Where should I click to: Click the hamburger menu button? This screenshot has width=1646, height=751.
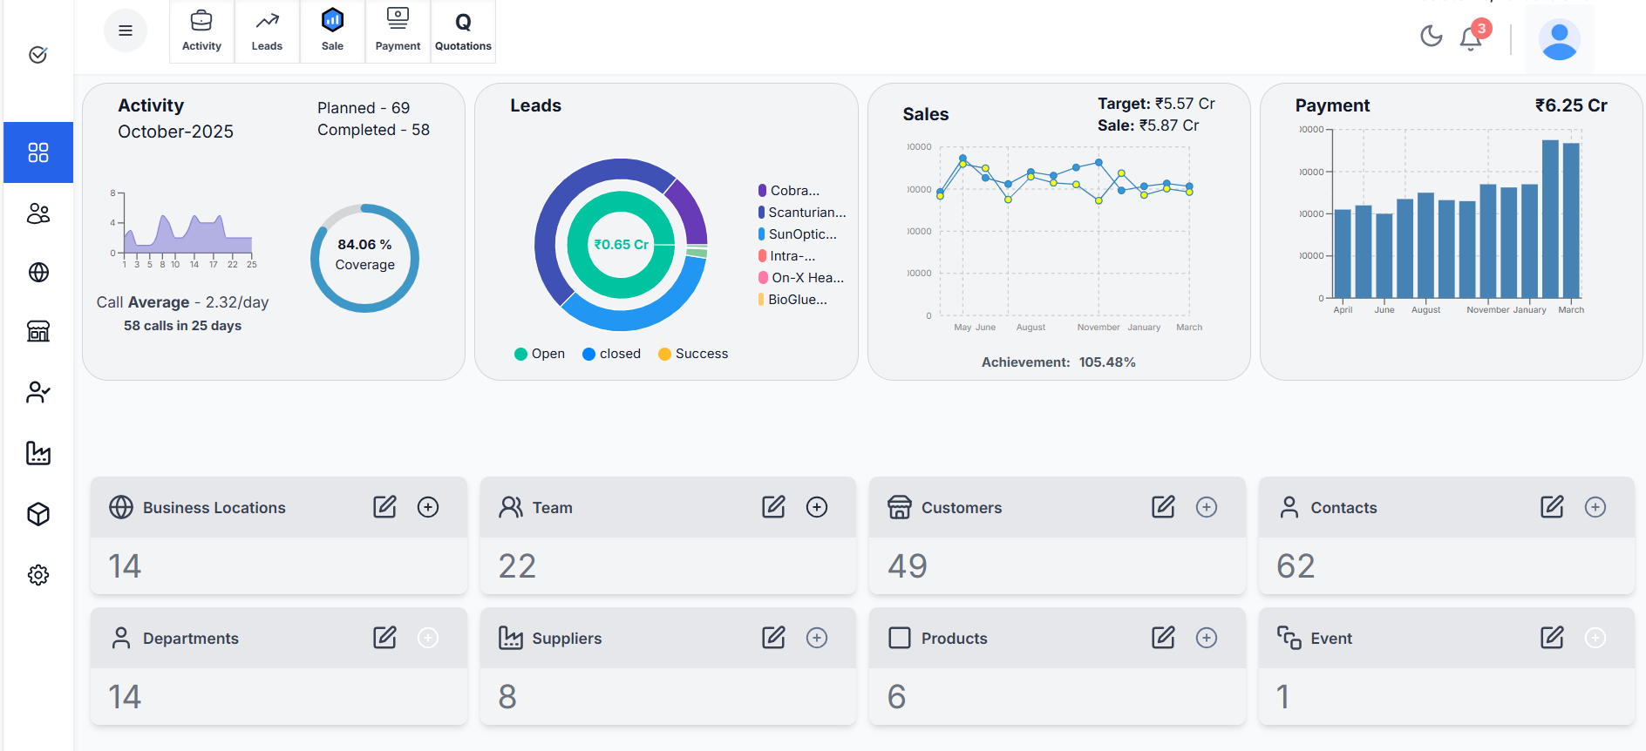(x=126, y=30)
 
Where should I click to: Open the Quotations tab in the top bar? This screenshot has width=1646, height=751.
(x=463, y=31)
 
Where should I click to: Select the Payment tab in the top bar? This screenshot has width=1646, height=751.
(x=398, y=31)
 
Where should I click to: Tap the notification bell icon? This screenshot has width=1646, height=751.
(x=1471, y=38)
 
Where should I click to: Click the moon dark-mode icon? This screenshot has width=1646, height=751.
(x=1431, y=36)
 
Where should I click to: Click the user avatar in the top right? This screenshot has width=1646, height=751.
(x=1559, y=39)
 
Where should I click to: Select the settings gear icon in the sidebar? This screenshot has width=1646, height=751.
(x=38, y=575)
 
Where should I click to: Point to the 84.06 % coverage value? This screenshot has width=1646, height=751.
(x=364, y=245)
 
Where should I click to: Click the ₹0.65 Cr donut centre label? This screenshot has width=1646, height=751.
(x=621, y=245)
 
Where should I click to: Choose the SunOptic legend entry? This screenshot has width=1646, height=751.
(x=801, y=234)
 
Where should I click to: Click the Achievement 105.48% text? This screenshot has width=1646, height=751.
(x=1058, y=362)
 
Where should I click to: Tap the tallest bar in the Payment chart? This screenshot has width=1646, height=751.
(x=1550, y=220)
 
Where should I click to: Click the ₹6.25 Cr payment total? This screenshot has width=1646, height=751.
(x=1570, y=105)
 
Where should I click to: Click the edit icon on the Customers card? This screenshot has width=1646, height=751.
(x=1163, y=507)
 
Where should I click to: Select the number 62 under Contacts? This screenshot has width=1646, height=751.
(x=1296, y=566)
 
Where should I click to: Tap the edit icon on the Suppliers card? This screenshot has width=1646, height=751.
(x=773, y=638)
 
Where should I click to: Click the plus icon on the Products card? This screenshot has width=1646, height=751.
(x=1206, y=638)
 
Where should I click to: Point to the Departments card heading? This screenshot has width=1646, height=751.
(x=190, y=639)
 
